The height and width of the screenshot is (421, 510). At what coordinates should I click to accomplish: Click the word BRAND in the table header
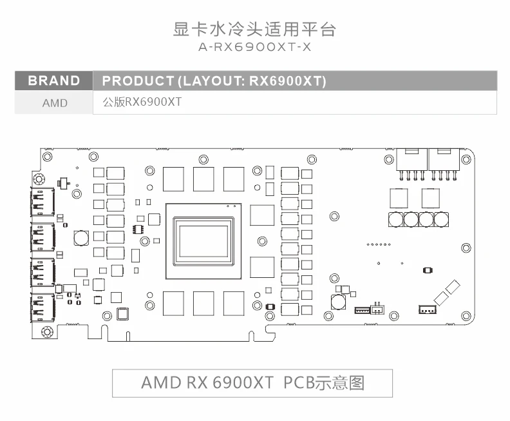[x=54, y=81]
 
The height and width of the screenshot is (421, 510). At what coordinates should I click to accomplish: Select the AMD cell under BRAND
[x=55, y=103]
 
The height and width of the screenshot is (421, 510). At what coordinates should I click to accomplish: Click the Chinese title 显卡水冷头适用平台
[x=255, y=29]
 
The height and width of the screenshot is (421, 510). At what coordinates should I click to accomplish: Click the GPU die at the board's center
[x=203, y=240]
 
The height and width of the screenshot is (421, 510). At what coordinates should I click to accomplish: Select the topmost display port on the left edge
[x=42, y=202]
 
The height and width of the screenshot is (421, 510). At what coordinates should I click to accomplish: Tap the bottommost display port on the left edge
[x=42, y=308]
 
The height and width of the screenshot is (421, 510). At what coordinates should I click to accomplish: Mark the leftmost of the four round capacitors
[x=396, y=219]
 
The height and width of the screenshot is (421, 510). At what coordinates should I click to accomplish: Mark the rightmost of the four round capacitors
[x=442, y=219]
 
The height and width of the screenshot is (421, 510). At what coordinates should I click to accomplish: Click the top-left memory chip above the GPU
[x=173, y=179]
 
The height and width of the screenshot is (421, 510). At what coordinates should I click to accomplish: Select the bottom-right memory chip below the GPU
[x=233, y=303]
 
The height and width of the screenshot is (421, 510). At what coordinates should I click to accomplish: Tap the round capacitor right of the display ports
[x=81, y=238]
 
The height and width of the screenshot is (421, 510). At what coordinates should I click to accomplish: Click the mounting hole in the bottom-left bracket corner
[x=46, y=332]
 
